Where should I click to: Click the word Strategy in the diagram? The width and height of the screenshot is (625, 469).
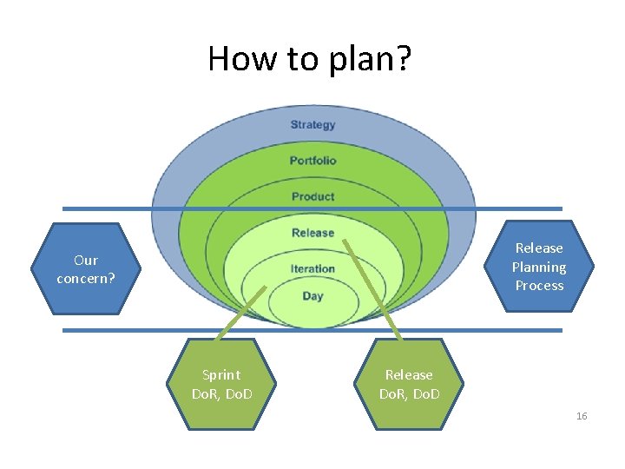pos(312,124)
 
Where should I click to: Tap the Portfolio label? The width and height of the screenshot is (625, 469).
pos(312,161)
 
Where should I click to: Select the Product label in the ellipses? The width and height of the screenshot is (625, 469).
pos(312,196)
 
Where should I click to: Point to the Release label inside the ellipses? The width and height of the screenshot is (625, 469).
pos(312,233)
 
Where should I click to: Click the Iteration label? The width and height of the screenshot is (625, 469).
pos(312,268)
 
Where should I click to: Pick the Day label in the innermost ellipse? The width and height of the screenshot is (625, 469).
pos(312,296)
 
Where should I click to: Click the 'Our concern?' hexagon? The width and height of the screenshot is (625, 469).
pos(85,269)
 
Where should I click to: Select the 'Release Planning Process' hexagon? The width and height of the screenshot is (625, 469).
pos(538,267)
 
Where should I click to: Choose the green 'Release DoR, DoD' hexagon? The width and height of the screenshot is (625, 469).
pos(409,384)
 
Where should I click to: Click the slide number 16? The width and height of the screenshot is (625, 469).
pos(581,416)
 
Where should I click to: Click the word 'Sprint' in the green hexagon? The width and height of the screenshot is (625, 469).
pos(220,374)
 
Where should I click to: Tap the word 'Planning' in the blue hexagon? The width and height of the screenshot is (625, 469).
pos(538,267)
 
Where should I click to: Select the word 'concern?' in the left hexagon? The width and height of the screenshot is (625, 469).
pos(85,279)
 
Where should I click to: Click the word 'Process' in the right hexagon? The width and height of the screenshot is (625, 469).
pos(538,285)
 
